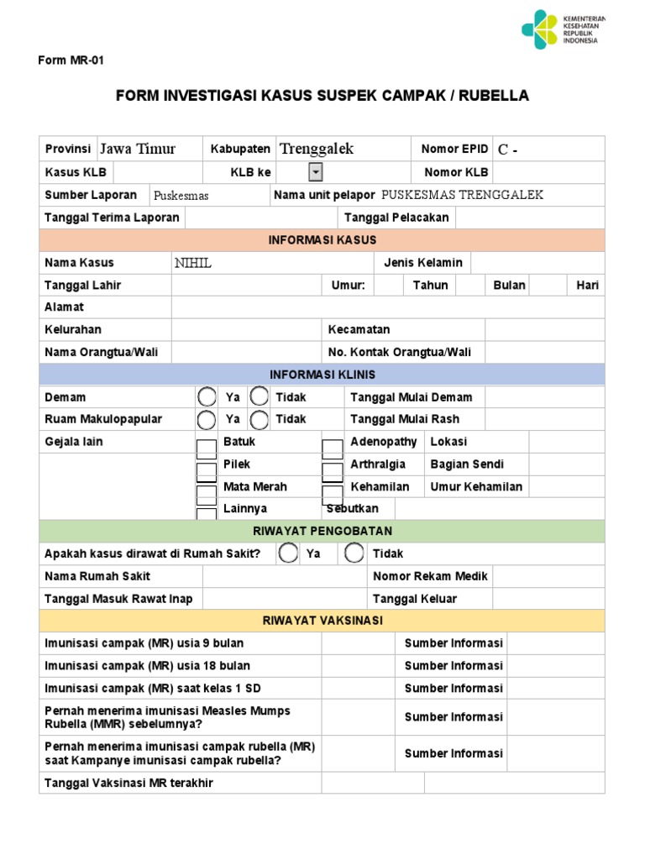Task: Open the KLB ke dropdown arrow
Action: (x=316, y=172)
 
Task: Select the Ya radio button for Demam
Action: (x=207, y=396)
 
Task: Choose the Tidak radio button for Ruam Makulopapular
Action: (x=260, y=419)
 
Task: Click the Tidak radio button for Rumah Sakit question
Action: (x=354, y=553)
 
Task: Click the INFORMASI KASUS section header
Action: (x=322, y=240)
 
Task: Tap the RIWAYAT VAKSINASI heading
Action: (x=322, y=621)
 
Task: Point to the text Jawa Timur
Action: (x=138, y=149)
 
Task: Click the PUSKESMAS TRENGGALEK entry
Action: (x=462, y=195)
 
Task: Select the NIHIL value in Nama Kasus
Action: (x=193, y=263)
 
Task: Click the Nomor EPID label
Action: (x=454, y=149)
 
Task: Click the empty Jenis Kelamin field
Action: (x=537, y=263)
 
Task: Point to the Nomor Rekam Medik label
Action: (x=430, y=576)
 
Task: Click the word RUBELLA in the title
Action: (x=495, y=96)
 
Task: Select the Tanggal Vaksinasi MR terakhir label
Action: (x=128, y=783)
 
